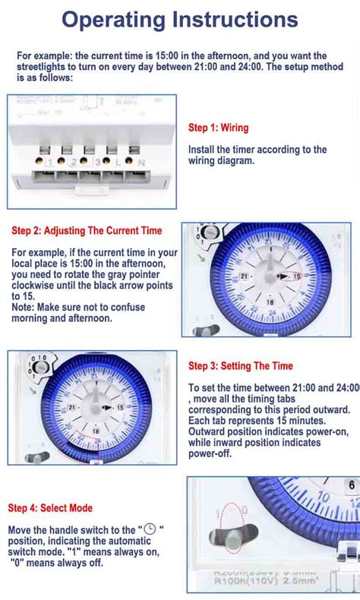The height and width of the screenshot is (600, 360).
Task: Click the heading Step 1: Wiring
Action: [x=218, y=128]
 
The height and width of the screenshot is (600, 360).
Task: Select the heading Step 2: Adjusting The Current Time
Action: [x=87, y=230]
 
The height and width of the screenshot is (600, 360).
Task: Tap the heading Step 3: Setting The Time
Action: [x=240, y=366]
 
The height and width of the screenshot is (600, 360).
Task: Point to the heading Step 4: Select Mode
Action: [x=50, y=507]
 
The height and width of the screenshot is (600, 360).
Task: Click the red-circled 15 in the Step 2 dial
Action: [x=297, y=277]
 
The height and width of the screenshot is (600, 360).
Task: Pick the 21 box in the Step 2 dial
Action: [x=244, y=277]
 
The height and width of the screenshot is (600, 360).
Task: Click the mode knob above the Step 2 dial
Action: [x=210, y=235]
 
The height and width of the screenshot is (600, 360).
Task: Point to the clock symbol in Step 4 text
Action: [x=150, y=529]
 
